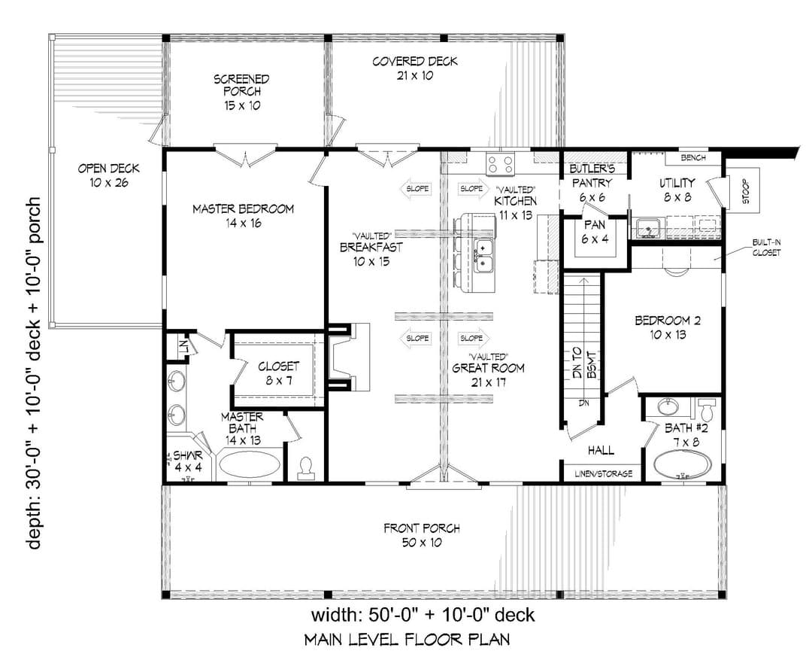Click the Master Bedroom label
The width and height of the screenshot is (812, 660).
click(243, 216)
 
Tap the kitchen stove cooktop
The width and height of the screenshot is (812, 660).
click(500, 164)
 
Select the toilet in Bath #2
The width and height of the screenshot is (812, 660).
click(706, 409)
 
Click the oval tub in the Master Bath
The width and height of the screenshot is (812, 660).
click(250, 464)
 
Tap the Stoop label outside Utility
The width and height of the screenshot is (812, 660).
click(745, 191)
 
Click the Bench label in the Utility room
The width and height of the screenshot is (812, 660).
click(693, 157)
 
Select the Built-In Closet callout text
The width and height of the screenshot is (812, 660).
click(766, 248)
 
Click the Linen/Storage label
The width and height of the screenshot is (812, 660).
click(603, 473)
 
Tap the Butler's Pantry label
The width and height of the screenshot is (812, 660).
click(592, 183)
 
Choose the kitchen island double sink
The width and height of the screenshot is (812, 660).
click(483, 256)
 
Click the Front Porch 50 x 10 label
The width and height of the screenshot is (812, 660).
click(422, 536)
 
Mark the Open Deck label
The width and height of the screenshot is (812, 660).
click(109, 175)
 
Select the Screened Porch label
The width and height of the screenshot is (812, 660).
click(242, 93)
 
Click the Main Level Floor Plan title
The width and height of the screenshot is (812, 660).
click(407, 639)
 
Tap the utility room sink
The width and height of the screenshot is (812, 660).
click(647, 227)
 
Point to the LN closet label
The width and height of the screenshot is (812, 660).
click(183, 345)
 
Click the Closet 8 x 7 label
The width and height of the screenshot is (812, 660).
click(279, 373)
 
